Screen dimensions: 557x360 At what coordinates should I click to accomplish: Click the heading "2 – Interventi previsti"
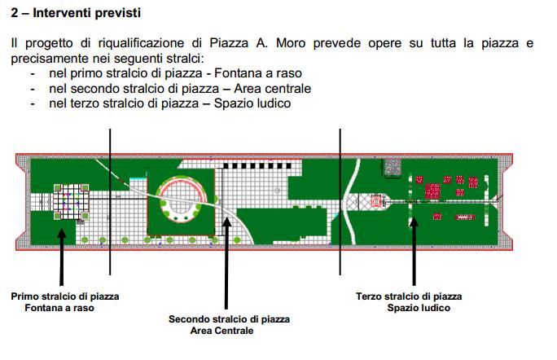tap(76, 13)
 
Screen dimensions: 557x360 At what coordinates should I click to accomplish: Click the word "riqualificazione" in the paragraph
tap(141, 43)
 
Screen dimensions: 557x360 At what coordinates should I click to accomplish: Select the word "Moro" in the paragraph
tap(291, 43)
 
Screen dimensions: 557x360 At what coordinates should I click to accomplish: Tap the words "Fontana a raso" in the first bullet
tap(258, 73)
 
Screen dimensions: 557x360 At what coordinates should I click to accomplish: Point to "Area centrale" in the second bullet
tap(272, 89)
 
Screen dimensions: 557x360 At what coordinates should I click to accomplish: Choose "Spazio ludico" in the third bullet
tap(252, 103)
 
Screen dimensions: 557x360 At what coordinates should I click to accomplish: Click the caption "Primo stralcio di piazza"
tap(65, 296)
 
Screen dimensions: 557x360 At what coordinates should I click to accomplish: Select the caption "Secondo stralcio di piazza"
tap(229, 319)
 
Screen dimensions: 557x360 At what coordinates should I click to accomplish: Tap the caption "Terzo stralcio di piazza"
tap(409, 296)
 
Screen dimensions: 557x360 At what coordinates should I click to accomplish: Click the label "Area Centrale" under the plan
tap(221, 331)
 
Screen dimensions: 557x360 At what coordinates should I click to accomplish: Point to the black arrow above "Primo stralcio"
tap(62, 257)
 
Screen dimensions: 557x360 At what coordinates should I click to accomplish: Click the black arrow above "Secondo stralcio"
tap(226, 263)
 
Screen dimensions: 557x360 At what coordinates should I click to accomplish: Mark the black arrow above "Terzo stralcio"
tap(414, 251)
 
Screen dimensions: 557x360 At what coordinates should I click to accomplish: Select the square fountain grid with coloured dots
tap(71, 201)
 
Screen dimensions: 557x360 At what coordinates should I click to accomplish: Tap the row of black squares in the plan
tap(257, 165)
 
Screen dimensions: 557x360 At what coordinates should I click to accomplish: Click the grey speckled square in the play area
tap(393, 167)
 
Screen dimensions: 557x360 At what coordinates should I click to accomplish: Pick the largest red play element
tap(432, 191)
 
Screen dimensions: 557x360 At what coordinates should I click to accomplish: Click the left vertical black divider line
tap(110, 202)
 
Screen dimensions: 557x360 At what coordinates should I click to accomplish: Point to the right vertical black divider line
tap(340, 202)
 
